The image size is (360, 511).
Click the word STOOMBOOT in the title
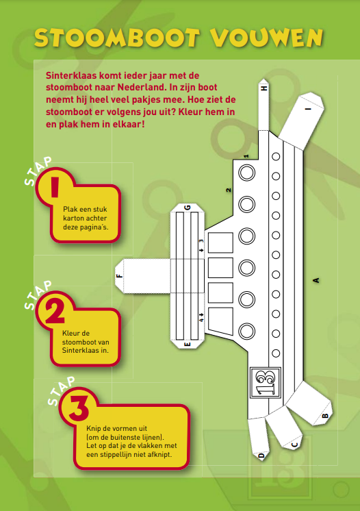[x=117, y=38]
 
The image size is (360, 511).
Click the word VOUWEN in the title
[x=266, y=38]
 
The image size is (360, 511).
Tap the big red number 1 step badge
[x=55, y=186]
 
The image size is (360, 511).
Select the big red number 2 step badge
[x=55, y=310]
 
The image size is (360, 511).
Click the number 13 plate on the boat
[x=266, y=382]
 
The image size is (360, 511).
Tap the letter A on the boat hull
[x=316, y=280]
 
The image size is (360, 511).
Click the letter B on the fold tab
[x=325, y=416]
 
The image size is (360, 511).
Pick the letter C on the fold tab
[x=294, y=445]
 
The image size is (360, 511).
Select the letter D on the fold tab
[x=261, y=456]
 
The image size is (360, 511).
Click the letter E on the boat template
[x=187, y=344]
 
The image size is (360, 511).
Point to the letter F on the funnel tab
[x=120, y=275]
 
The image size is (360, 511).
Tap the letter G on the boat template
[x=187, y=208]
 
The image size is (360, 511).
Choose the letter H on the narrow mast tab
[x=264, y=88]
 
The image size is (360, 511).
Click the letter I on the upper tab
[x=309, y=108]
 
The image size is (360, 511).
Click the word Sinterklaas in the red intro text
[x=72, y=75]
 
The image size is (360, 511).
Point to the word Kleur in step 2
[x=71, y=333]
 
